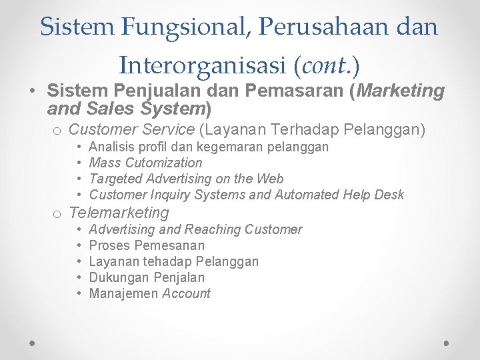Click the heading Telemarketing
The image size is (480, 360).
click(119, 213)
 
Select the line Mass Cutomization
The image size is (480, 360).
click(145, 163)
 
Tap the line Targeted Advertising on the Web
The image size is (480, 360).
click(186, 179)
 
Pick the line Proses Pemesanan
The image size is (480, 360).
click(147, 245)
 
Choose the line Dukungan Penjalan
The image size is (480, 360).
click(147, 277)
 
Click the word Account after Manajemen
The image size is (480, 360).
click(187, 293)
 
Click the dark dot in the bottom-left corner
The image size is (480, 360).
click(33, 343)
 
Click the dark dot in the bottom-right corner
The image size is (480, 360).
click(447, 343)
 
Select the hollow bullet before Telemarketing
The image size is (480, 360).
click(58, 214)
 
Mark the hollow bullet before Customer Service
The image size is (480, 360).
click(58, 131)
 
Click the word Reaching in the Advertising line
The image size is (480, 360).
click(213, 229)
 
